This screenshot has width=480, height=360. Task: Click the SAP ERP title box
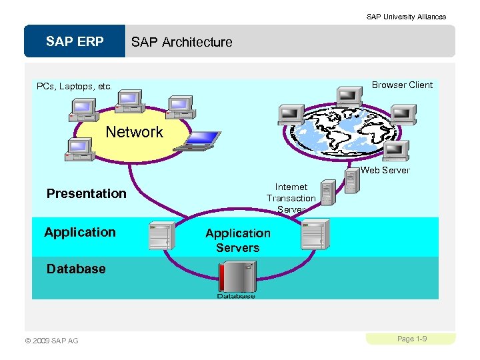tap(75, 41)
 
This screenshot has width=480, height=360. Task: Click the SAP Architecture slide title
tap(181, 42)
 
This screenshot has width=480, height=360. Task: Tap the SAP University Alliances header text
tap(406, 17)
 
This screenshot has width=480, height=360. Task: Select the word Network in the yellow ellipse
tap(134, 132)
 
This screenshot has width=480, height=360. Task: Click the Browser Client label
tap(402, 85)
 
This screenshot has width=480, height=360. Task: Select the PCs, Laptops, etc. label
tap(74, 86)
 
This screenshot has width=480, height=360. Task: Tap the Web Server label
tap(385, 170)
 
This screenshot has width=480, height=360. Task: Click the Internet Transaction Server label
tap(291, 198)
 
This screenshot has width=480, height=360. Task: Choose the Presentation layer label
tap(86, 193)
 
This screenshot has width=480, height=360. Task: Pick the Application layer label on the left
tap(80, 232)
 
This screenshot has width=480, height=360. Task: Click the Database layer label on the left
tap(76, 269)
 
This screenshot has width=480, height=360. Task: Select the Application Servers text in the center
tap(238, 240)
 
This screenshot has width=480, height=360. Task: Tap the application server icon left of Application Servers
tap(161, 235)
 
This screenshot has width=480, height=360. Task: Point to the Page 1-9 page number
tap(411, 339)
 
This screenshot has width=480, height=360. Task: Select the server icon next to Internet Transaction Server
tap(327, 192)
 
